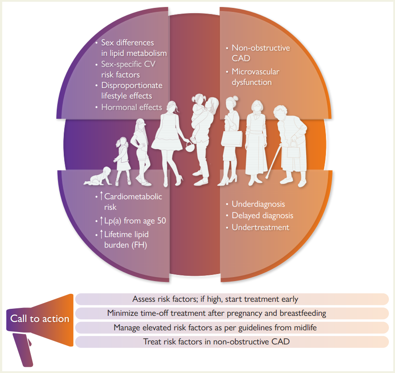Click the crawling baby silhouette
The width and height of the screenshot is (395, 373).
click(98, 176)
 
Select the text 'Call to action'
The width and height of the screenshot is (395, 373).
click(40, 318)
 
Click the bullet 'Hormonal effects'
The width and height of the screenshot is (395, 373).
click(132, 107)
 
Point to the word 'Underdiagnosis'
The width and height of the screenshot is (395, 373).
click(258, 204)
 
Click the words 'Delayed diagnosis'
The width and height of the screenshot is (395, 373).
click(263, 216)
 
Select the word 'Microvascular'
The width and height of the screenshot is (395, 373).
click(256, 72)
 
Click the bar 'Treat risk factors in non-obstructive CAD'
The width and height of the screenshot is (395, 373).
click(232, 342)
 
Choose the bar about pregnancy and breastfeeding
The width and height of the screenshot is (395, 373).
click(232, 313)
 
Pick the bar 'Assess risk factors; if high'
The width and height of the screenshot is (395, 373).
click(232, 299)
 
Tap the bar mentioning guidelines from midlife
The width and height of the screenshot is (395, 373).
click(232, 328)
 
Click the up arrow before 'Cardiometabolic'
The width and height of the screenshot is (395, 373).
click(101, 196)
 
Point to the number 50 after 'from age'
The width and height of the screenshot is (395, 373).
click(161, 221)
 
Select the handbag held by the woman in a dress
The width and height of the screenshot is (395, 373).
click(190, 146)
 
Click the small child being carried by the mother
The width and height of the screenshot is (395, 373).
click(198, 112)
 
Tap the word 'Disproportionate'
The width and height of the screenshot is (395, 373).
click(132, 86)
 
